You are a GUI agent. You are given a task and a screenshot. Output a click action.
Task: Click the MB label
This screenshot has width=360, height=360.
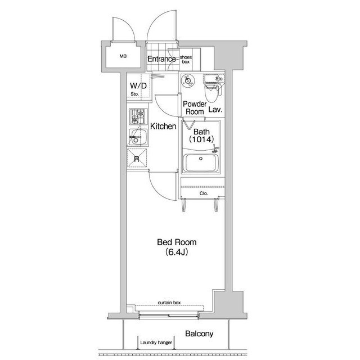coord(123,56)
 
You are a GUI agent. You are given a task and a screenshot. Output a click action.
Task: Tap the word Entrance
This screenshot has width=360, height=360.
coord(161,59)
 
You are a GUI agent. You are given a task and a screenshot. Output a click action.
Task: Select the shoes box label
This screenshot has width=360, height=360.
coord(186,60)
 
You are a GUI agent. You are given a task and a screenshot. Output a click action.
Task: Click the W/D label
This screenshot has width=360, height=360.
coord(138,86)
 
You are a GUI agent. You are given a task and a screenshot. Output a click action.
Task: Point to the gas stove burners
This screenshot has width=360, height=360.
coord(138,116)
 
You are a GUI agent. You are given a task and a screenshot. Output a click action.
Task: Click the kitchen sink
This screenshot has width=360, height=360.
coord(138,137)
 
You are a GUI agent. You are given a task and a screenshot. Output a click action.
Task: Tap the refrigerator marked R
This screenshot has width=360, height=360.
coord(137,159)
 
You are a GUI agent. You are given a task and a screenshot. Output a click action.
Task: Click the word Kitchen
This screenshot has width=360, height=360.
coord(163,126)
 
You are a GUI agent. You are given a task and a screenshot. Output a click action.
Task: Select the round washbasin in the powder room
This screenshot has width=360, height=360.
coord(188,81)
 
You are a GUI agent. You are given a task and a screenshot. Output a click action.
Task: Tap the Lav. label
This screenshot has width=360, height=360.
coord(215,110)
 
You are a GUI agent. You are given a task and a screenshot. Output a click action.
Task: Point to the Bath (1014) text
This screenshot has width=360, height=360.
coord(201,136)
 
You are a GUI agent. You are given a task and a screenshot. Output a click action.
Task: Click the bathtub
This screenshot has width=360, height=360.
coord(201,163)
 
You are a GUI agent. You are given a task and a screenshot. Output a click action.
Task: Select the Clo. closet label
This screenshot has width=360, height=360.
coord(204,193)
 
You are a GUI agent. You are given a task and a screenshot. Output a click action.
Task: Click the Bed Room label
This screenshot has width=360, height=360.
coord(177,242)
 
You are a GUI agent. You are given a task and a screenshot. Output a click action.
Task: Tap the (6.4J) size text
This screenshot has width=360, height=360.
coord(176,252)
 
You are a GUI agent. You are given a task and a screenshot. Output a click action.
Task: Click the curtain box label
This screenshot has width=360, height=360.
coord(169,303)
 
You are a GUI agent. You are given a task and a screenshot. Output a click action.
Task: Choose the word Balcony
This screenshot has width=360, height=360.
coord(199,334)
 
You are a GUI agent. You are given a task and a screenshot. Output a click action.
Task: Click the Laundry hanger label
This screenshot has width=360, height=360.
coord(156,343)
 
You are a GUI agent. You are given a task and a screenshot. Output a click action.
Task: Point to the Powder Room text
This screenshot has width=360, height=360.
coord(195,108)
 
